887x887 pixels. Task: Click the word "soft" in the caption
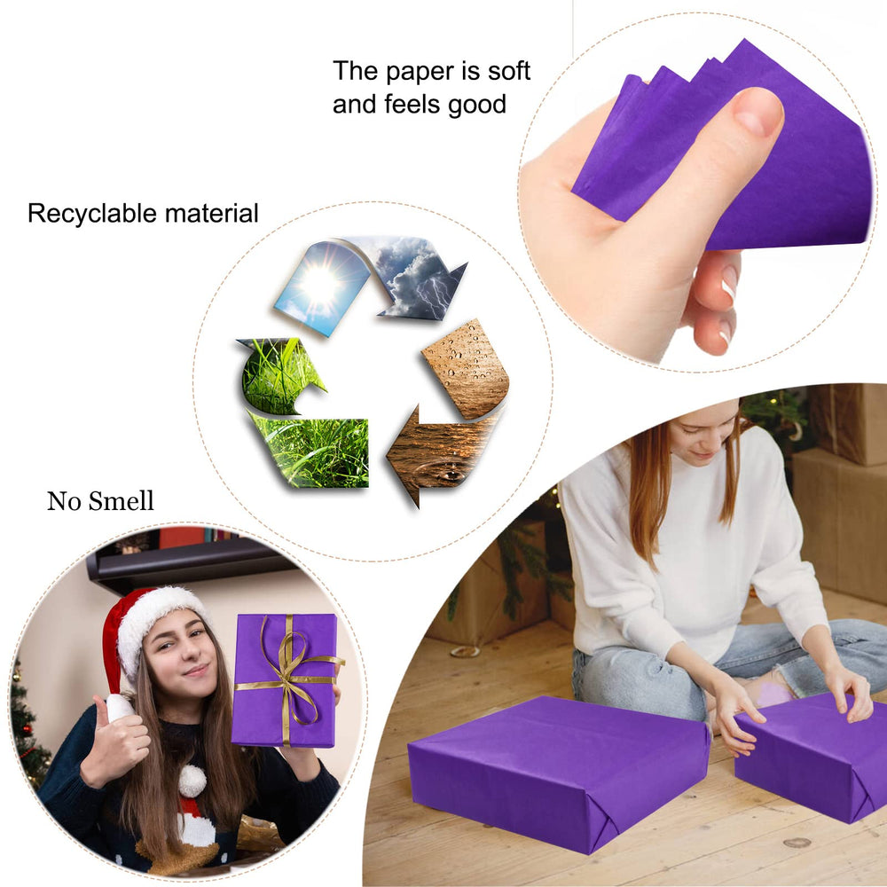[509, 71]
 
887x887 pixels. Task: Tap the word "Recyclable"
[92, 214]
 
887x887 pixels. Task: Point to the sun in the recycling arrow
[320, 283]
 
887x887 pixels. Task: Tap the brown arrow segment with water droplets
[467, 369]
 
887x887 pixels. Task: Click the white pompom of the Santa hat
[120, 708]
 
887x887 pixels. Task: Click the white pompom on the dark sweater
[192, 781]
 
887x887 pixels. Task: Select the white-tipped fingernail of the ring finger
[728, 281]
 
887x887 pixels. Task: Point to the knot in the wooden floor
[797, 843]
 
